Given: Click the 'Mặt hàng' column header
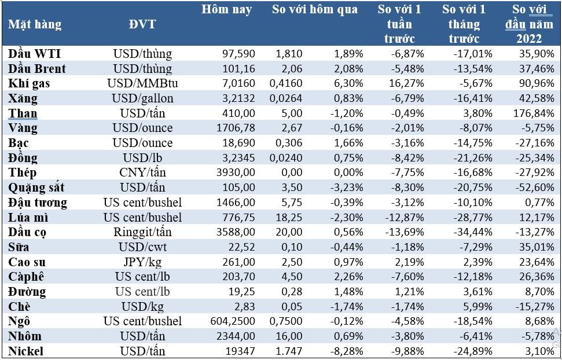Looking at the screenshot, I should pyautogui.click(x=35, y=24).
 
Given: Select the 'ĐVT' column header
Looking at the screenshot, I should pyautogui.click(x=142, y=24).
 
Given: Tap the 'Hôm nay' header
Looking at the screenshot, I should pyautogui.click(x=227, y=10).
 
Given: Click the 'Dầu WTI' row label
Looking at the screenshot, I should pyautogui.click(x=35, y=54).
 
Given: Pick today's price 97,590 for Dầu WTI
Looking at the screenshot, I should pyautogui.click(x=238, y=54).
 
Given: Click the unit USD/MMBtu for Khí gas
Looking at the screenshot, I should pyautogui.click(x=142, y=83).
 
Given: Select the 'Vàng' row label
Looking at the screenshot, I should pyautogui.click(x=23, y=128).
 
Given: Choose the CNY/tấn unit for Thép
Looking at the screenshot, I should pyautogui.click(x=142, y=172).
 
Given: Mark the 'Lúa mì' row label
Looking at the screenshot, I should pyautogui.click(x=28, y=217).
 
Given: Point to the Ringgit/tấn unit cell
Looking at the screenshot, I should pyautogui.click(x=142, y=232).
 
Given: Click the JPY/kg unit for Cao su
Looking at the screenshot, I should pyautogui.click(x=142, y=262).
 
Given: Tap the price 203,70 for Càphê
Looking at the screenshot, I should pyautogui.click(x=238, y=277).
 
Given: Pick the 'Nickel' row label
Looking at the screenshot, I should pyautogui.click(x=26, y=351).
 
